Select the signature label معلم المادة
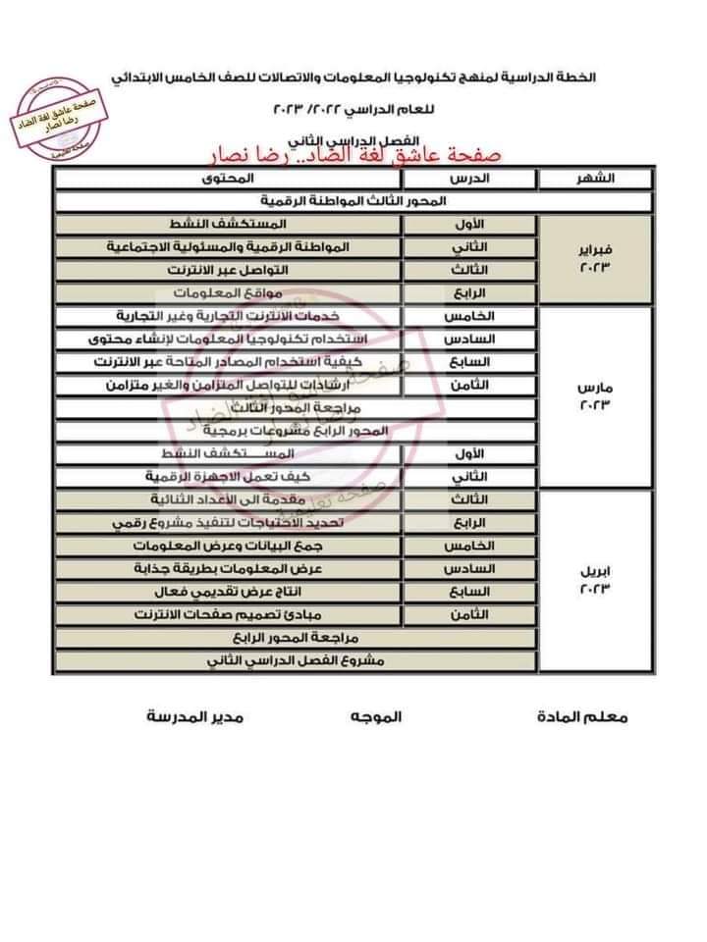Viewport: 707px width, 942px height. (x=582, y=717)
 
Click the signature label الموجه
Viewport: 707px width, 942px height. (x=375, y=717)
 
